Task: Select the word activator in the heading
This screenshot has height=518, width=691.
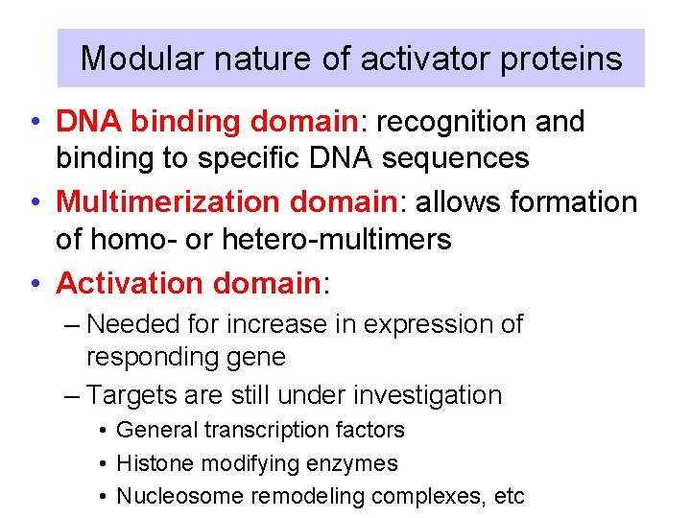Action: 417,59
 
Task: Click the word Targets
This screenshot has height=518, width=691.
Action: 134,395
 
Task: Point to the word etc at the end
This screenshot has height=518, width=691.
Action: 509,496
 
